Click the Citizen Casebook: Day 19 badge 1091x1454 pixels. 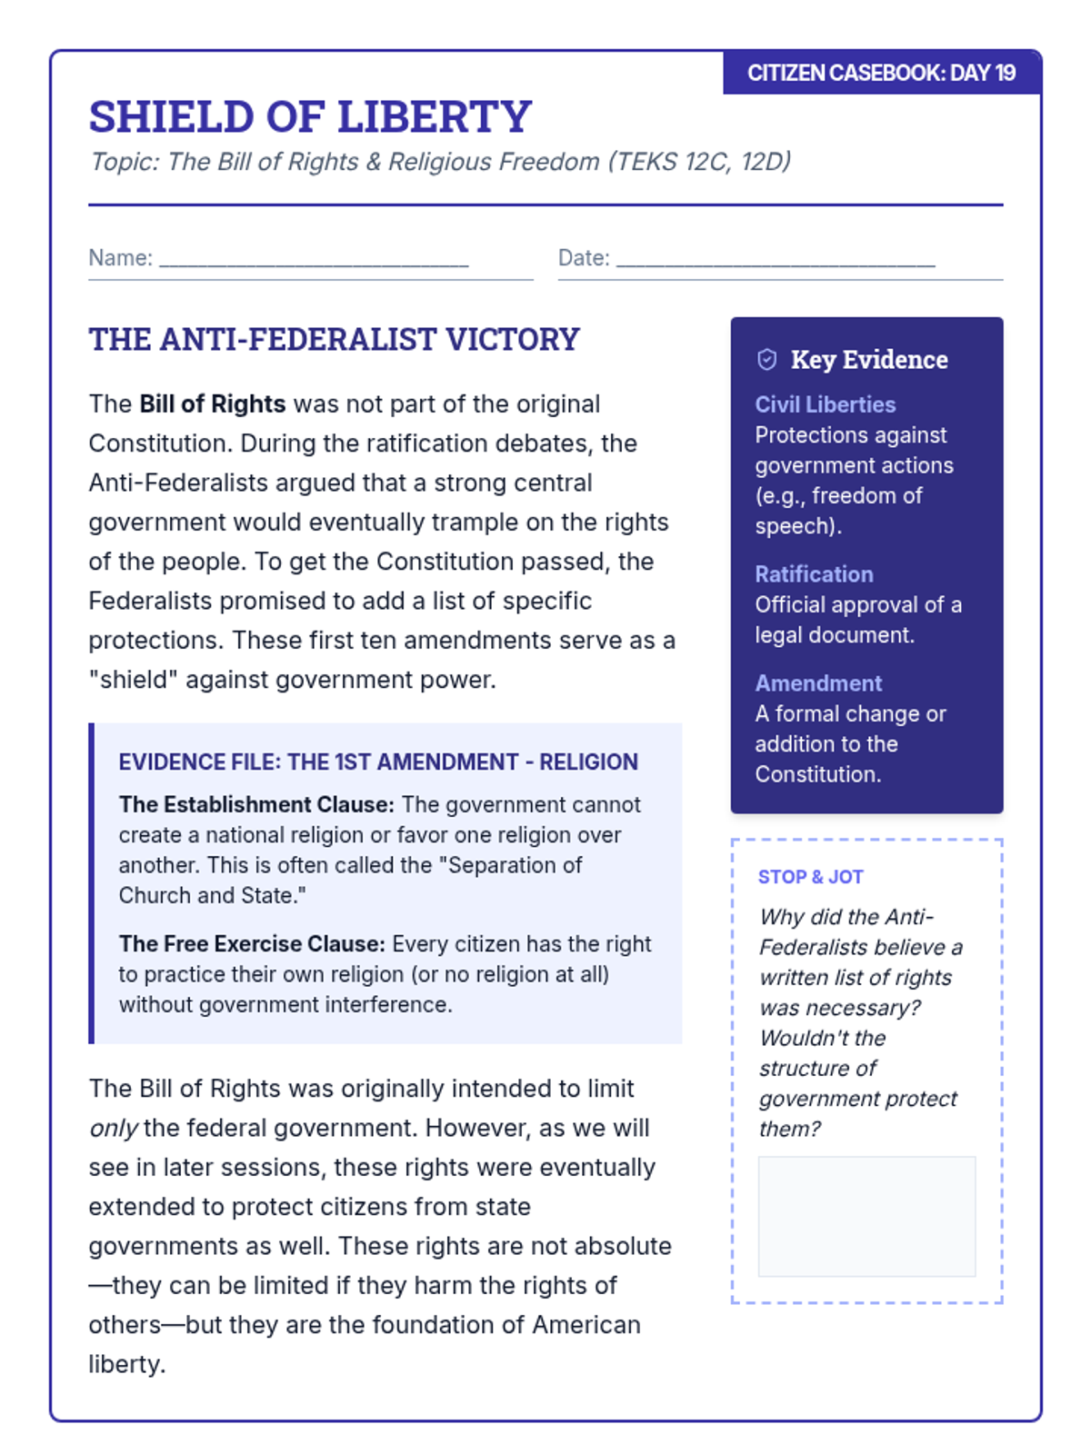881,73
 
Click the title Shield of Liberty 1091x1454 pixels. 310,116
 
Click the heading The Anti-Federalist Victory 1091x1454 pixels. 334,339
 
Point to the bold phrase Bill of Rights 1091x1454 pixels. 213,403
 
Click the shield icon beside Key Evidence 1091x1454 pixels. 767,360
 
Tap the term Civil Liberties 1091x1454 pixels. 825,404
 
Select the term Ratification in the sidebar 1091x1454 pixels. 814,574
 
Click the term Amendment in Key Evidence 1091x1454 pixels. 818,683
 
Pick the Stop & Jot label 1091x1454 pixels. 810,877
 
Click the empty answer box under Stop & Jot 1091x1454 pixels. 866,1216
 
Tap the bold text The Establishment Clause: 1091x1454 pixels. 256,804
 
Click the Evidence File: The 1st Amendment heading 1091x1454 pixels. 378,762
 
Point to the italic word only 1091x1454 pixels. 113,1129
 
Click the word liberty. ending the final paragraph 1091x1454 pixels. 127,1364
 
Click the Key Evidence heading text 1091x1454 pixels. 869,360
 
